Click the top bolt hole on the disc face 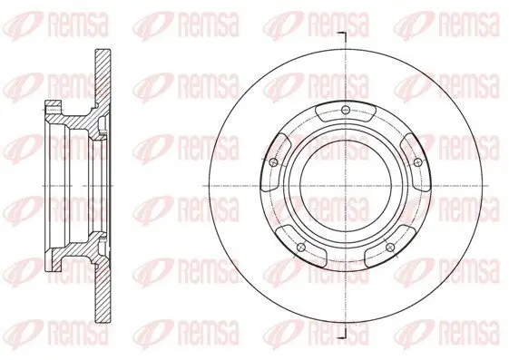[347, 111]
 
